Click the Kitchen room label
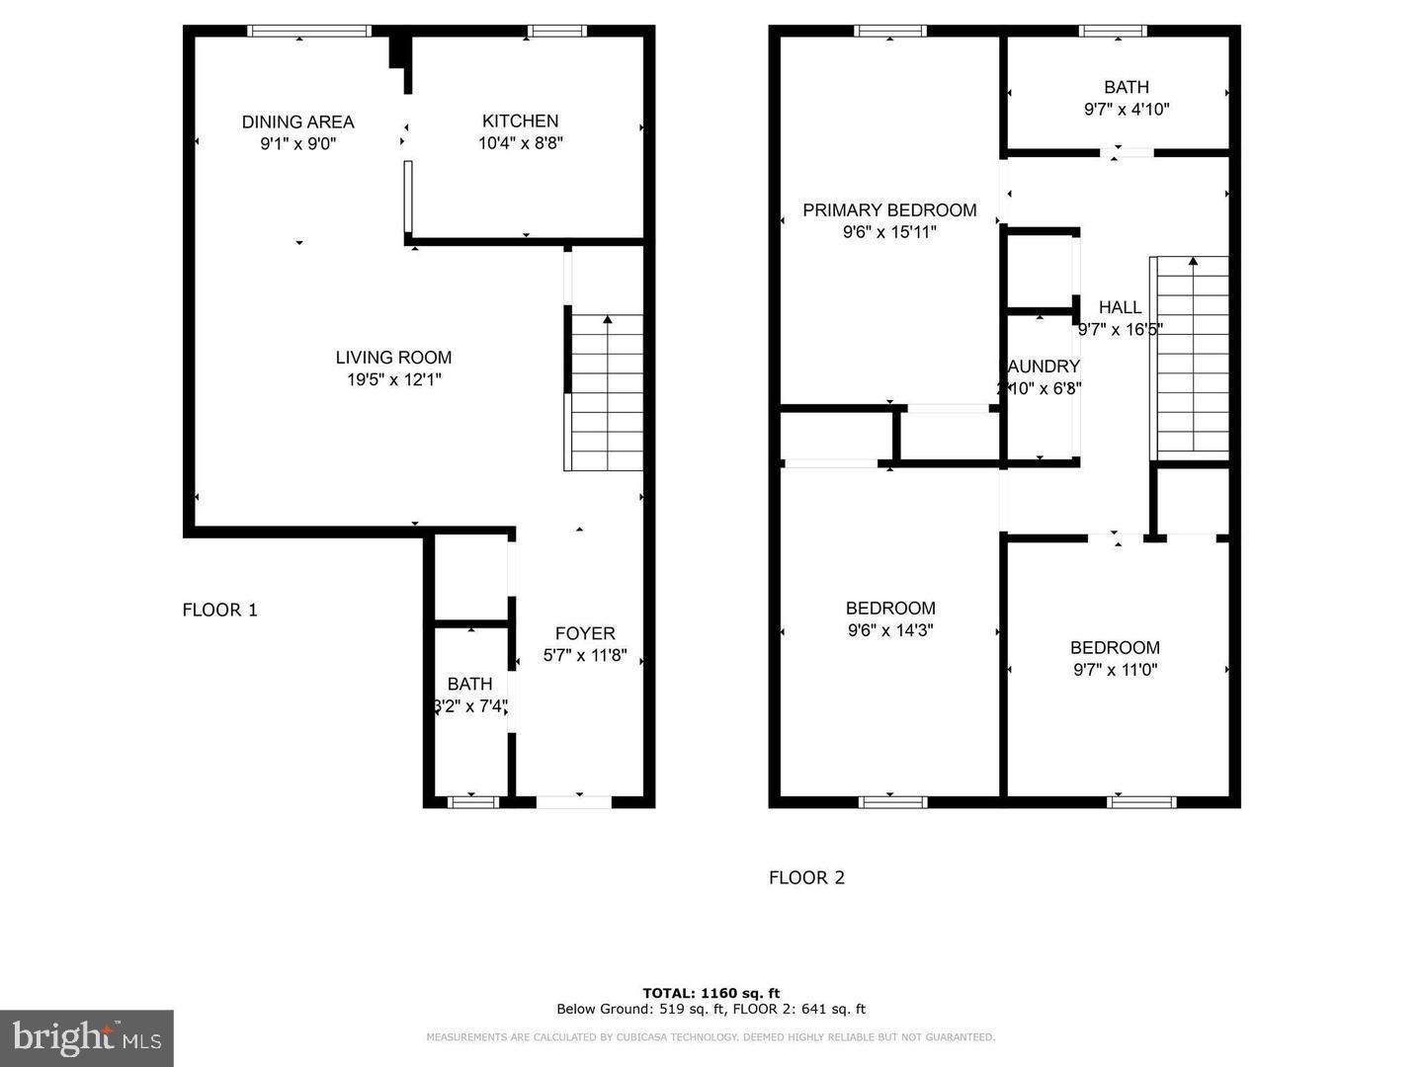coord(520,121)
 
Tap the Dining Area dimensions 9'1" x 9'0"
coord(297,143)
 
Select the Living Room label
coord(393,358)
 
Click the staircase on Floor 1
coord(605,393)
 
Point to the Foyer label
coord(585,633)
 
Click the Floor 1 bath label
coord(469,684)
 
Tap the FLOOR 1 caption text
coord(219,610)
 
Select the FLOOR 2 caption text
coord(806,877)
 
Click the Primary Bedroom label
coord(889,209)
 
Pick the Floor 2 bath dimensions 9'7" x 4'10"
coord(1127,110)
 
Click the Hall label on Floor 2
coord(1120,307)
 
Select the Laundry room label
coord(1043,367)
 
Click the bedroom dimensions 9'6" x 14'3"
coord(890,630)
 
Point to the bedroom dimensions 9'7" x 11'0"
coord(1115,670)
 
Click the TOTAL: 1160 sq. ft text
coord(711,993)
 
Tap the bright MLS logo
coord(87,1037)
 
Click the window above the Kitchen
coord(557,32)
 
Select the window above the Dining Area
coord(308,32)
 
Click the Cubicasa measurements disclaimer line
coord(711,1037)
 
